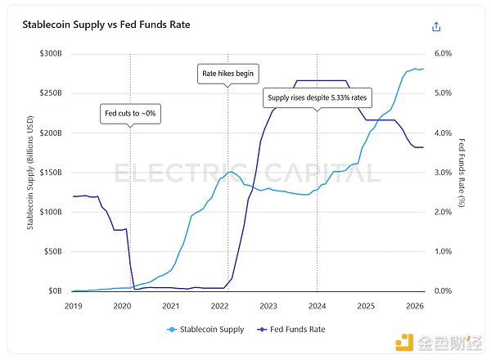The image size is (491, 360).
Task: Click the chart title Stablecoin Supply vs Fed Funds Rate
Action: [x=106, y=25]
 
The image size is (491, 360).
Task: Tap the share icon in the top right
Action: [x=436, y=26]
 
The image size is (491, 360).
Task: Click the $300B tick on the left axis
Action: [x=52, y=53]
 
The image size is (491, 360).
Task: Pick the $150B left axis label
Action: [x=52, y=172]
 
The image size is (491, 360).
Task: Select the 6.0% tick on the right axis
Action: [x=442, y=53]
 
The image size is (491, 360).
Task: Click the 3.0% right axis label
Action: [x=442, y=172]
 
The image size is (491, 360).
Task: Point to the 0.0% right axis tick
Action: [x=442, y=290]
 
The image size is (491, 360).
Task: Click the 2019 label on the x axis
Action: [x=73, y=306]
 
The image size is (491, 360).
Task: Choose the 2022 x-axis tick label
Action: [x=219, y=306]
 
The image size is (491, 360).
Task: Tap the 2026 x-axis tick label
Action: [x=414, y=306]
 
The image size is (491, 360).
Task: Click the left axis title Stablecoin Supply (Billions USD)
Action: [x=30, y=172]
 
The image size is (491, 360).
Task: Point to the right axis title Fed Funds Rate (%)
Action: [x=462, y=172]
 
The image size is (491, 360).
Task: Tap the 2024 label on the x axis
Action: [x=317, y=306]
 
